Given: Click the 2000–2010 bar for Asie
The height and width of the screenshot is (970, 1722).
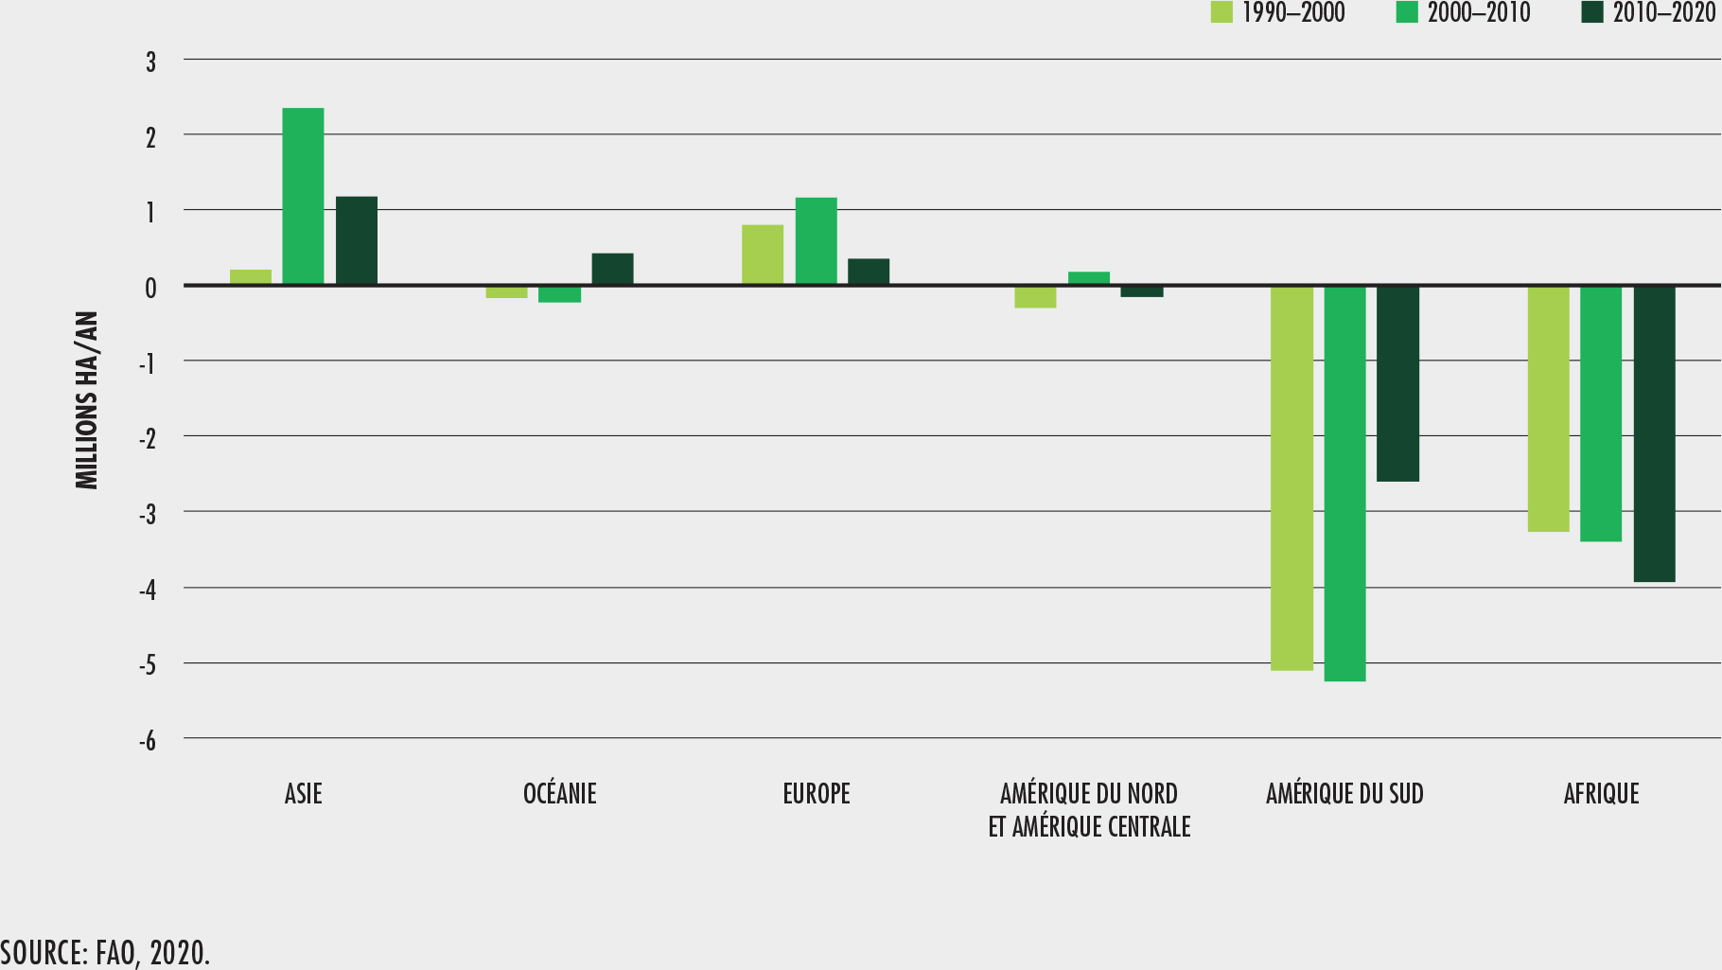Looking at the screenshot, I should pyautogui.click(x=303, y=196).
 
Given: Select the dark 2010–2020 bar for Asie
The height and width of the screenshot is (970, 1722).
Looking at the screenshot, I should pyautogui.click(x=357, y=240).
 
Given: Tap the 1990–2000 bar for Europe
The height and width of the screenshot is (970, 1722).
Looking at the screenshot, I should pyautogui.click(x=763, y=255).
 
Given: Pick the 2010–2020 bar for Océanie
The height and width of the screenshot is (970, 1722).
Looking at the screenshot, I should pyautogui.click(x=613, y=269).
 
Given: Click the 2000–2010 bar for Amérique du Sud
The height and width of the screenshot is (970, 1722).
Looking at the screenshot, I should pyautogui.click(x=1344, y=483).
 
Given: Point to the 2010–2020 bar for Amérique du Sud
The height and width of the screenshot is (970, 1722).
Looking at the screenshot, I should pyautogui.click(x=1397, y=383).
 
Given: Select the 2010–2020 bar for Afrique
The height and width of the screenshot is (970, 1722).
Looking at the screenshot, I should pyautogui.click(x=1654, y=433).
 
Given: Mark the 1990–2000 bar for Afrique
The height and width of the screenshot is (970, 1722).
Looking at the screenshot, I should pyautogui.click(x=1548, y=408).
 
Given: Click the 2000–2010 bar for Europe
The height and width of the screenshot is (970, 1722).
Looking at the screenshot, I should pyautogui.click(x=816, y=240).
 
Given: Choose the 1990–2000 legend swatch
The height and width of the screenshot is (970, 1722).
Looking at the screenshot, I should pyautogui.click(x=1222, y=12).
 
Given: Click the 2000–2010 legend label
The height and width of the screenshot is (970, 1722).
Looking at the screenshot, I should pyautogui.click(x=1478, y=12).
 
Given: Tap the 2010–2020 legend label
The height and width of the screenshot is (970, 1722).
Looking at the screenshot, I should pyautogui.click(x=1663, y=12).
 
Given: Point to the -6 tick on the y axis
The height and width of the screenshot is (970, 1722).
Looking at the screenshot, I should pyautogui.click(x=149, y=740).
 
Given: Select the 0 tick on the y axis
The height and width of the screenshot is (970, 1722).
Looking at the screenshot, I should pyautogui.click(x=150, y=287).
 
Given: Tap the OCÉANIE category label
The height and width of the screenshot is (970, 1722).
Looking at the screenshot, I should pyautogui.click(x=560, y=793).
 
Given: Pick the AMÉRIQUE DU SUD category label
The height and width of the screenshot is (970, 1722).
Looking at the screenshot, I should pyautogui.click(x=1344, y=793).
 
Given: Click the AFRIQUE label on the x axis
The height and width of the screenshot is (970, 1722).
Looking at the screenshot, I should pyautogui.click(x=1601, y=793).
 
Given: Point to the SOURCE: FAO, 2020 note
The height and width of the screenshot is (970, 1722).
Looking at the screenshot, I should pyautogui.click(x=105, y=952).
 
